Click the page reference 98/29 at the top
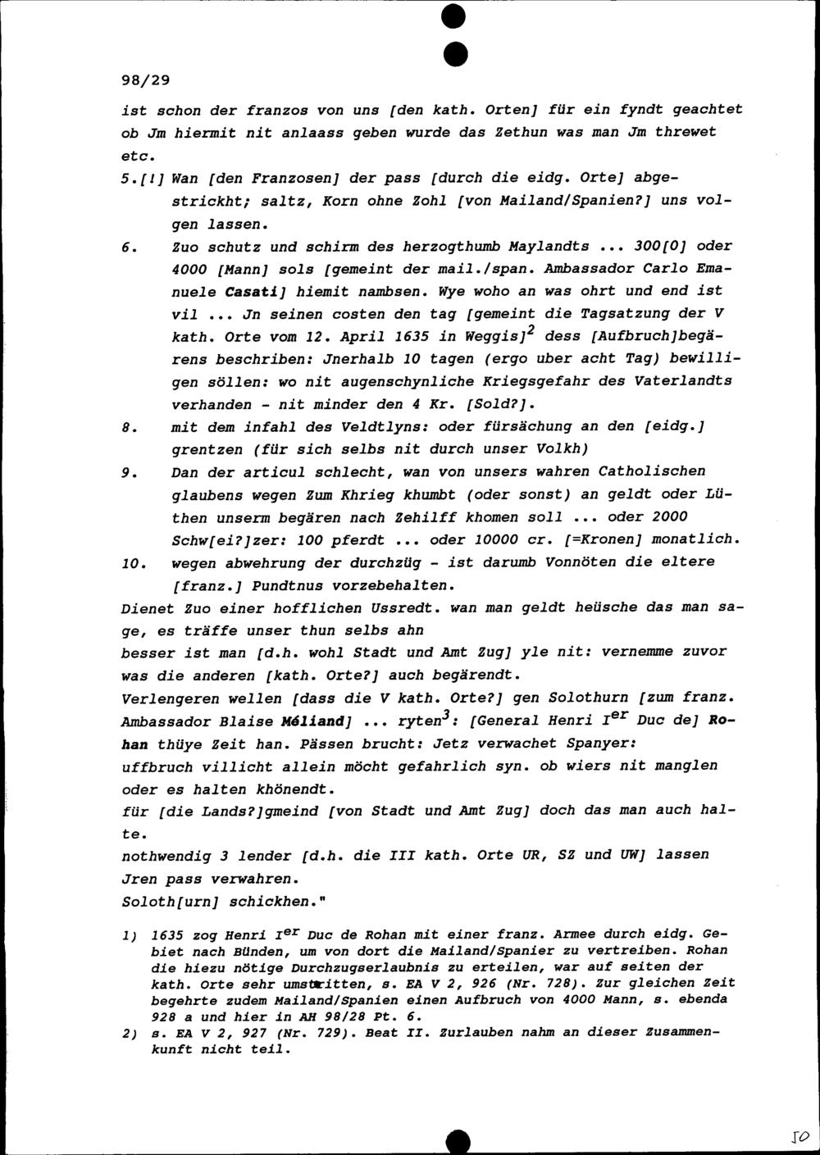click(x=144, y=80)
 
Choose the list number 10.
click(x=133, y=563)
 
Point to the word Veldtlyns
click(x=389, y=427)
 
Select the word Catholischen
click(x=652, y=471)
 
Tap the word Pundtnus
click(x=289, y=586)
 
